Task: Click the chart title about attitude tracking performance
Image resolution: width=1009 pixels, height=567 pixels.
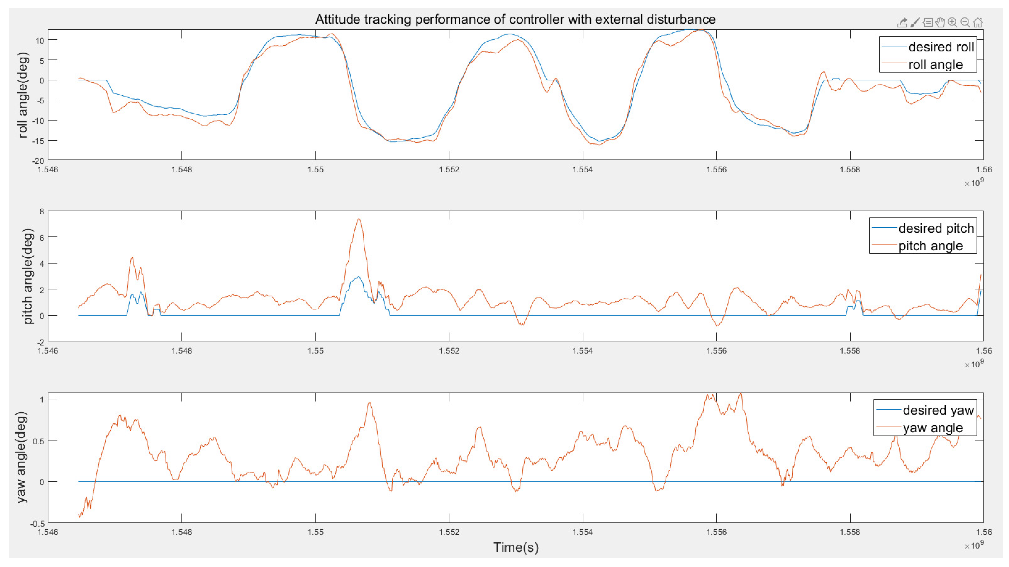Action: click(515, 19)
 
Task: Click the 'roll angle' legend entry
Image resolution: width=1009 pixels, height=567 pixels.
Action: click(935, 64)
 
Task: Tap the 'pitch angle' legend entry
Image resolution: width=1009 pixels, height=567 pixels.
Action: click(930, 246)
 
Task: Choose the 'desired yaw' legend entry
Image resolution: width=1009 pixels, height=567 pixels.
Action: click(938, 410)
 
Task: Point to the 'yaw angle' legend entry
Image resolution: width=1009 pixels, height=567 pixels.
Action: click(933, 428)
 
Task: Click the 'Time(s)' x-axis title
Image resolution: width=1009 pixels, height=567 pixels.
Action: click(516, 547)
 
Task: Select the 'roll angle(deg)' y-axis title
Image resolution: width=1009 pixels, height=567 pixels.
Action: click(23, 95)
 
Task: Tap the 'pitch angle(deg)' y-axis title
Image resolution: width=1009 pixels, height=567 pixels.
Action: click(27, 276)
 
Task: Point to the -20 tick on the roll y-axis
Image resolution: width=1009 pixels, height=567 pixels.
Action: click(38, 161)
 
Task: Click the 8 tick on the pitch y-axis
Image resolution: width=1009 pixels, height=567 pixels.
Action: click(42, 212)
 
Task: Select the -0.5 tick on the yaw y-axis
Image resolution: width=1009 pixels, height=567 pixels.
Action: click(38, 524)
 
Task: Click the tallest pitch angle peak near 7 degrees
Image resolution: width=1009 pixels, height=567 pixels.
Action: click(359, 219)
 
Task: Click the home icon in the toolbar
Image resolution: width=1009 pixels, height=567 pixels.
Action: click(978, 22)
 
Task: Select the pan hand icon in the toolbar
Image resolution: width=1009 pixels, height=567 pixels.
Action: click(940, 22)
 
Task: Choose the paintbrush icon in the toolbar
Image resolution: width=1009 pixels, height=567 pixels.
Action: click(915, 22)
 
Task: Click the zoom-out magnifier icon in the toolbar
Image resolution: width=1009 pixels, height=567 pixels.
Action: click(965, 22)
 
